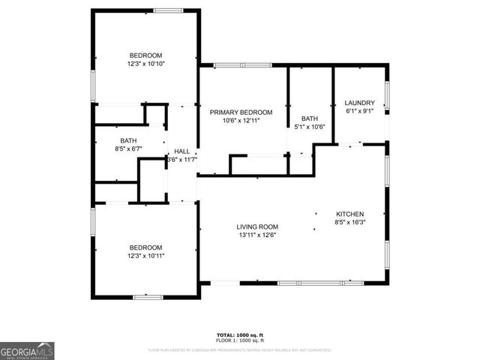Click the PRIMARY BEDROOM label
241,112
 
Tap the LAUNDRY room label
359,103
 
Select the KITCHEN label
349,213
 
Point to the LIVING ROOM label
257,226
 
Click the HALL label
182,150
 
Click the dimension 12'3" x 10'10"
145,64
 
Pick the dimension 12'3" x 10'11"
145,256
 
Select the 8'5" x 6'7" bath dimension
128,148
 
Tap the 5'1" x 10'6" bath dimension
309,127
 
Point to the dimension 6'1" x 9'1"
359,111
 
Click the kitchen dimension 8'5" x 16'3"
349,221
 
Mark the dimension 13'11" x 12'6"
257,235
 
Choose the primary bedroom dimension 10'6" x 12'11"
241,121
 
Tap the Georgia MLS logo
27,350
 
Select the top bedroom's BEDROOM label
145,55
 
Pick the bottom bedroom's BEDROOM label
145,247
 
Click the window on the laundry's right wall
387,96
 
